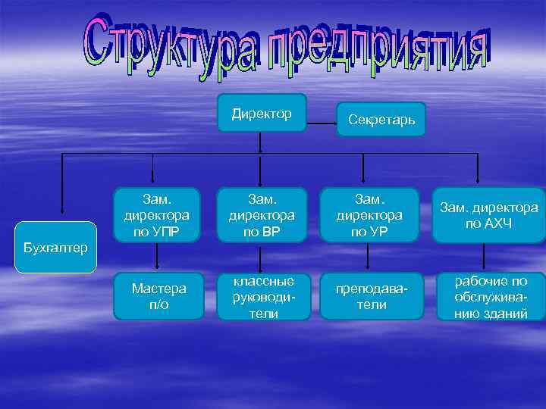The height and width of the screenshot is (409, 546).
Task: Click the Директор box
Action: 262,114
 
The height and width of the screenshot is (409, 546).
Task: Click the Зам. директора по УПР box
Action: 157,216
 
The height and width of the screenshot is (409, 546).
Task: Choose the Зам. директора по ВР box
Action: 262,216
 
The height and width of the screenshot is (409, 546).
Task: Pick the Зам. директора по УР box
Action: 367,216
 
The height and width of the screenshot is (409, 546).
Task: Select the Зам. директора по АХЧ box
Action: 489,216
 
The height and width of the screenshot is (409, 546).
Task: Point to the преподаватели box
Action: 367,296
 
